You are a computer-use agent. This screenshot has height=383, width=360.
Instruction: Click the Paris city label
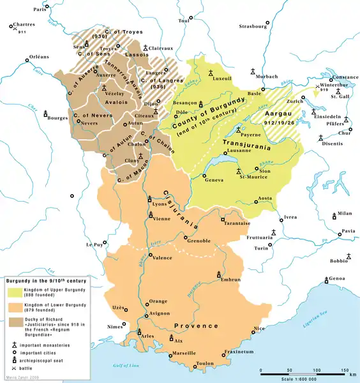(41, 10)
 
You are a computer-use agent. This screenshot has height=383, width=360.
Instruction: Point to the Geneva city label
(214, 180)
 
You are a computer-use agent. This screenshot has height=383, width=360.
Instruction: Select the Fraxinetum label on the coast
(242, 352)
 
